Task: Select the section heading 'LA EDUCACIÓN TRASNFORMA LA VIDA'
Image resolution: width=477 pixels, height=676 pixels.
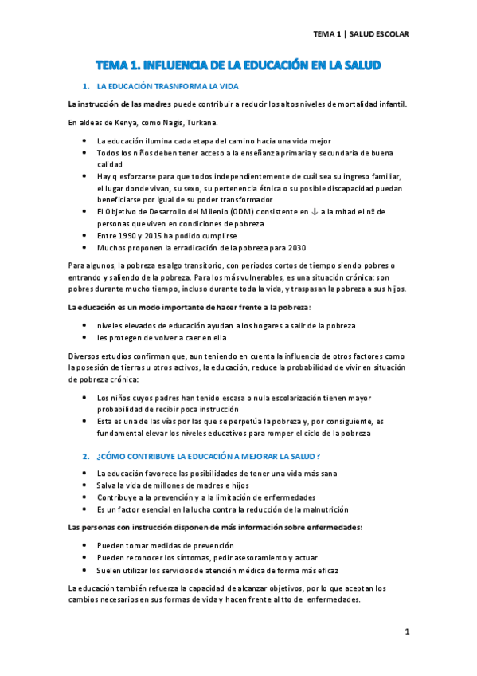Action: [166, 86]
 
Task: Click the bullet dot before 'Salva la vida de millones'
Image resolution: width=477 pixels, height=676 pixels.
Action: [86, 485]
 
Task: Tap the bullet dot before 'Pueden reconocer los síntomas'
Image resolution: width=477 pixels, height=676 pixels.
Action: [86, 558]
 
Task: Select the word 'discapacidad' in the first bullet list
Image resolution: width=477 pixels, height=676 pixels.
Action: [350, 187]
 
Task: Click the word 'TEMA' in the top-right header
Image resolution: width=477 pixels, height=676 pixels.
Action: [325, 34]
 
